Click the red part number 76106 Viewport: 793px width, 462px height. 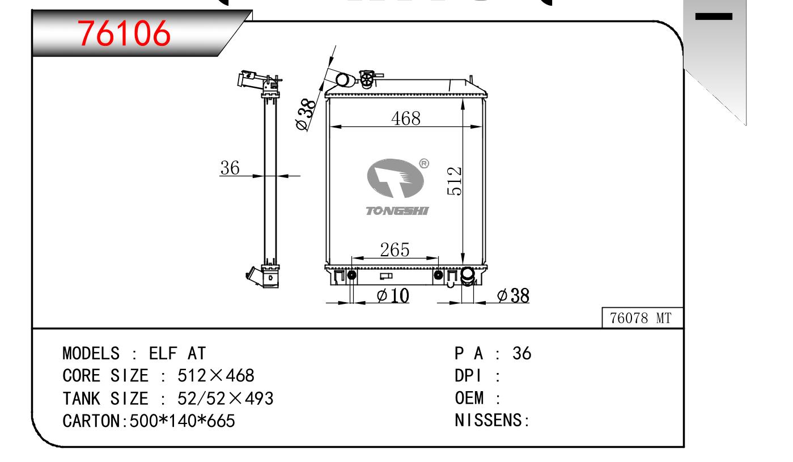124,33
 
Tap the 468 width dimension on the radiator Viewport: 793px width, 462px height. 406,118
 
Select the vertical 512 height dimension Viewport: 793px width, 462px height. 454,181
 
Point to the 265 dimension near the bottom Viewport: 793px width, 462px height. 395,250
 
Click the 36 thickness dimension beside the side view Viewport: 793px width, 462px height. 230,168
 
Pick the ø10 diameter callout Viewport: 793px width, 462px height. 393,295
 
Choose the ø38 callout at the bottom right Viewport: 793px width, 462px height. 513,295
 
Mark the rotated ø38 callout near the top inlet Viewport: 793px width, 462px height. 305,115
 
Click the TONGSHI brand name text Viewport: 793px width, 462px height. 397,211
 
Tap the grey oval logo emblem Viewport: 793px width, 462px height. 396,178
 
